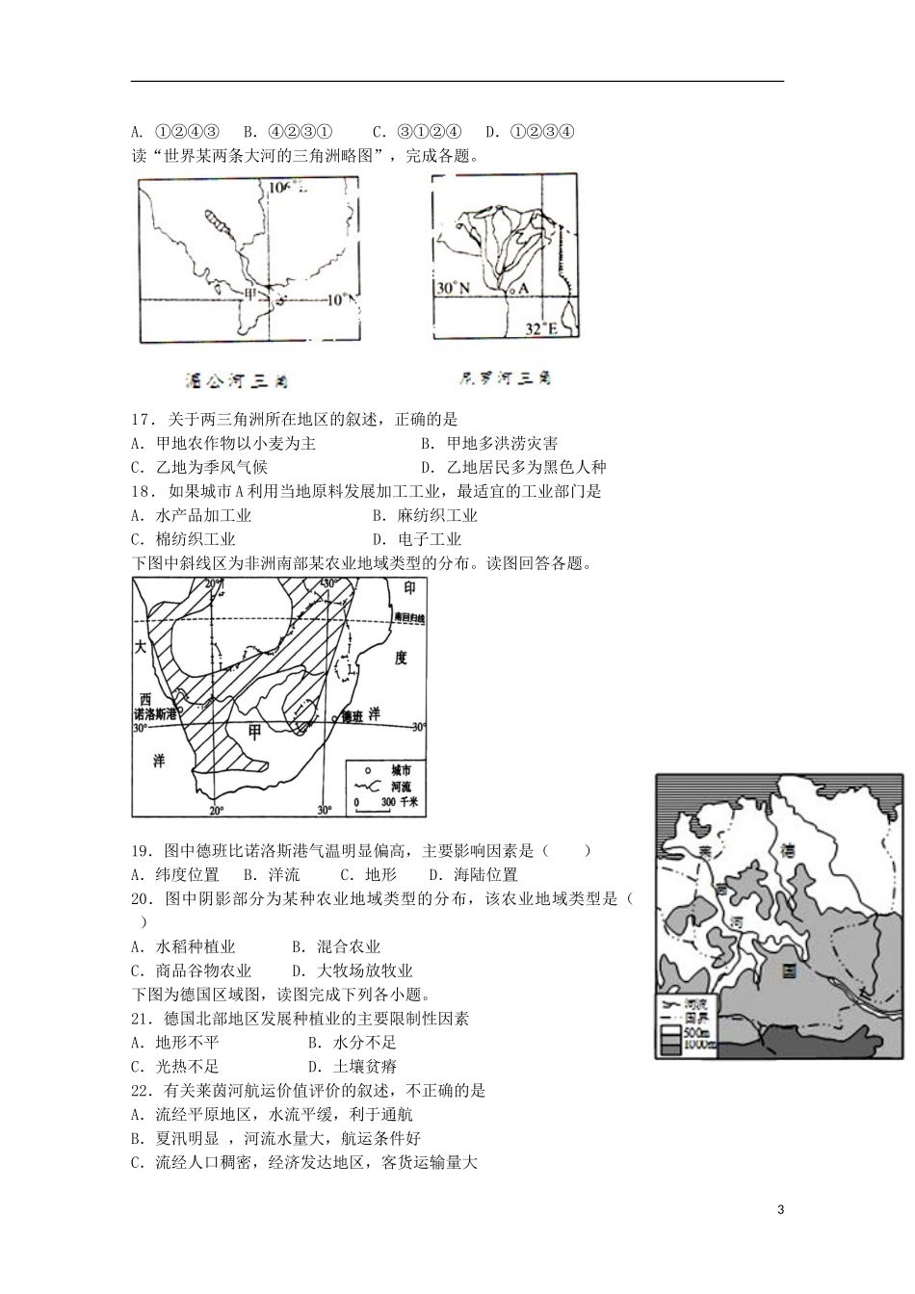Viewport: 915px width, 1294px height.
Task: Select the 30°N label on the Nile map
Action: tap(451, 288)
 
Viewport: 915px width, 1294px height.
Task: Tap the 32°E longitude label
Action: tap(541, 329)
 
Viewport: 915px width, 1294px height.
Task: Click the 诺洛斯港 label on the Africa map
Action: tap(155, 713)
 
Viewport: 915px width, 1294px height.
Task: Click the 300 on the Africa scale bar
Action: tap(388, 802)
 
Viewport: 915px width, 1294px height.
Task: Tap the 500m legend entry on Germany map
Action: tap(696, 1031)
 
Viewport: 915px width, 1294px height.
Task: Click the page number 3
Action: tap(781, 1210)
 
